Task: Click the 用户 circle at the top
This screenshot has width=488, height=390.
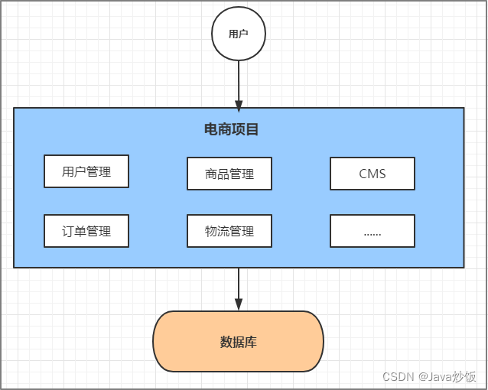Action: point(239,34)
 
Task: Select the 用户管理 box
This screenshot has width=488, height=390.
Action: point(86,171)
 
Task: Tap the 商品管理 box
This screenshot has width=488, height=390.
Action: point(229,174)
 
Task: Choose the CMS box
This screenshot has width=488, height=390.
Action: point(373,174)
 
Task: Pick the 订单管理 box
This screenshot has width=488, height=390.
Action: point(86,231)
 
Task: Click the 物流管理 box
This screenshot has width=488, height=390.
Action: point(229,231)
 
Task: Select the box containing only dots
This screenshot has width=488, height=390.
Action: point(373,231)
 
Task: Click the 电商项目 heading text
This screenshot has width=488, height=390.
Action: point(232,129)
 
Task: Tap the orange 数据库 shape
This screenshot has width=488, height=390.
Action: point(239,342)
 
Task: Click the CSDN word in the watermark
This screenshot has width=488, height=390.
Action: point(398,377)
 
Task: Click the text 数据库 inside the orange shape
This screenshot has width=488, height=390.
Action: point(239,342)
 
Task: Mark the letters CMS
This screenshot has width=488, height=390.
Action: point(373,174)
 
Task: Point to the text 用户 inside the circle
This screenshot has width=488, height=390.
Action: point(239,34)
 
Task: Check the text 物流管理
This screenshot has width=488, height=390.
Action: point(229,231)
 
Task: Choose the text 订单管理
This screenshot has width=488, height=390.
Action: point(86,231)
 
